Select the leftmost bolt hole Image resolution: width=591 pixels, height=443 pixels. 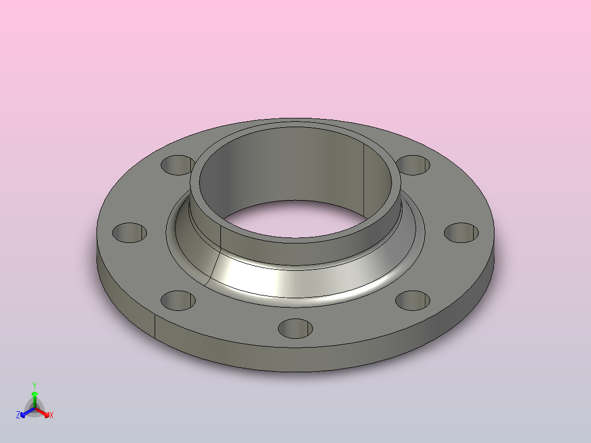[130, 233]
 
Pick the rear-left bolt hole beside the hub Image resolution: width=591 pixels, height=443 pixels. [177, 164]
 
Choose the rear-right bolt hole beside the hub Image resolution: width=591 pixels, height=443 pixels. [413, 164]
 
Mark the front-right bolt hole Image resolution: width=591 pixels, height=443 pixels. [413, 300]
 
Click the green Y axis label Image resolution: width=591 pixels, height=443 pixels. [35, 385]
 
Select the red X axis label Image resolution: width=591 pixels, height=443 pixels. [51, 416]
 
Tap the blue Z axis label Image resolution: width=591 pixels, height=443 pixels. [18, 416]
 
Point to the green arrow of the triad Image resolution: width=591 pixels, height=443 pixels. [35, 396]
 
